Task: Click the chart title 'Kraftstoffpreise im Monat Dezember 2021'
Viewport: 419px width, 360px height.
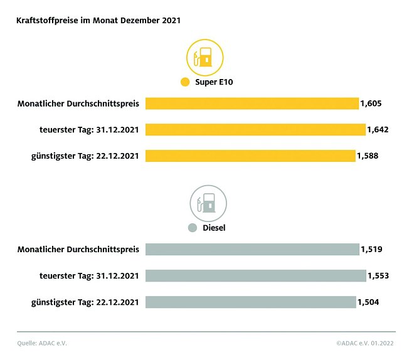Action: click(98, 21)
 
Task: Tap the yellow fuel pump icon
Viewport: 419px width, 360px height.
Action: click(204, 58)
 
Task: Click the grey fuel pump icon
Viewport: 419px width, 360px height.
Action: click(208, 203)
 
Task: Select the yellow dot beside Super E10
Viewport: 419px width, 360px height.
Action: click(184, 82)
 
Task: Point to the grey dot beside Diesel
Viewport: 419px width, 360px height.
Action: click(193, 228)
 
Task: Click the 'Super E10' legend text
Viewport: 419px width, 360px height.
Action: click(214, 82)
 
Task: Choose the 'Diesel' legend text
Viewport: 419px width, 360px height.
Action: click(214, 228)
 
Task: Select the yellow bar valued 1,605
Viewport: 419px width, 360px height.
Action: click(252, 103)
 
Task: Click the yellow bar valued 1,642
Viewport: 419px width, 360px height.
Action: click(255, 129)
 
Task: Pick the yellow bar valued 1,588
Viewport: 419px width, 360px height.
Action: click(250, 156)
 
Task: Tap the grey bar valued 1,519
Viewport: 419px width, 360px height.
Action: click(252, 249)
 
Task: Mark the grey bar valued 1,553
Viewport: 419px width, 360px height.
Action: click(255, 275)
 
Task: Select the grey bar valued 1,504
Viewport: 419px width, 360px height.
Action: click(250, 302)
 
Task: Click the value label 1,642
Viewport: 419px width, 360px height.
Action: click(379, 130)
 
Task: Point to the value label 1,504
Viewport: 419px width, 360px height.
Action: click(368, 302)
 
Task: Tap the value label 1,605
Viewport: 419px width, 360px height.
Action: click(371, 103)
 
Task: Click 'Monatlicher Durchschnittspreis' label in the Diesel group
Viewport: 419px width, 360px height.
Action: click(78, 250)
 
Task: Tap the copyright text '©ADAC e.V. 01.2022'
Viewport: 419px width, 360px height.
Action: click(366, 343)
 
